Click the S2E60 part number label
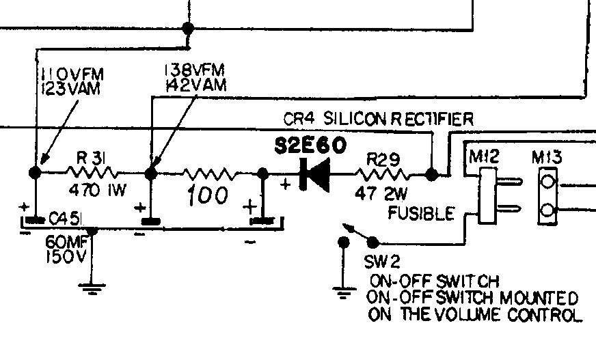tap(310, 145)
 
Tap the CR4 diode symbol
tap(314, 175)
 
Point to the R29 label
tap(383, 159)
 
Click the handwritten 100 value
tap(208, 195)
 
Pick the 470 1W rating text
tap(97, 190)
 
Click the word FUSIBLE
tap(421, 213)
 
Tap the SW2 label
tap(382, 262)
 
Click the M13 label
tap(547, 157)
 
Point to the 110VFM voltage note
tap(72, 74)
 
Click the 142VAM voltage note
tap(196, 85)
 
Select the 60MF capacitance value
tap(66, 242)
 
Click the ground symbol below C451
tap(92, 288)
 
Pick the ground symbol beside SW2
tap(344, 292)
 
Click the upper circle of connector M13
tap(547, 181)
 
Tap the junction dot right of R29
tap(431, 175)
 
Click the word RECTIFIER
tap(433, 119)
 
